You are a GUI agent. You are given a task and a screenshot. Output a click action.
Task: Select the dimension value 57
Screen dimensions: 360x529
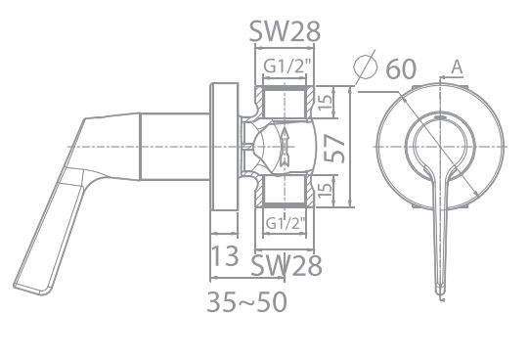[335, 147]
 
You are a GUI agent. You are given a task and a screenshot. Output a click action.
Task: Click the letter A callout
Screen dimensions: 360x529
[458, 67]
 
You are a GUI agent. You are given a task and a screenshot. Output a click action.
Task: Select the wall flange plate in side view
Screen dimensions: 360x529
[223, 147]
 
